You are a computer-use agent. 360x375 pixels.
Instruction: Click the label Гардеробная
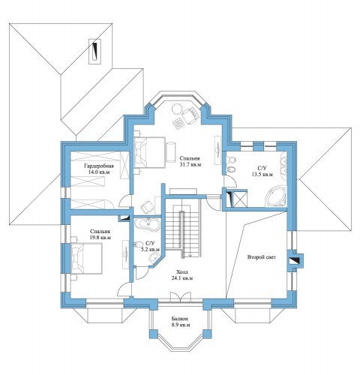click(99, 166)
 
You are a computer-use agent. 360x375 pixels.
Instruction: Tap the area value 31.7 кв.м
click(190, 165)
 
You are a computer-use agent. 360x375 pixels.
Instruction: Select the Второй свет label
click(262, 256)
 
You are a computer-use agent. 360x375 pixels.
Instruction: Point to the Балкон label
click(180, 319)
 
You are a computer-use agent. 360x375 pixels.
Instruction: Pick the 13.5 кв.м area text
click(262, 175)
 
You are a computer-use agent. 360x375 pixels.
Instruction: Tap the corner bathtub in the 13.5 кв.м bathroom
click(276, 196)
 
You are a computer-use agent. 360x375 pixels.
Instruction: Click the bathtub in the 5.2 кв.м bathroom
click(147, 224)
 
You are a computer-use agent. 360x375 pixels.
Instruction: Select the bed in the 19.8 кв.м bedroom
click(86, 258)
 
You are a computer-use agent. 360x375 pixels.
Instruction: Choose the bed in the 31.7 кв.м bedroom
click(150, 152)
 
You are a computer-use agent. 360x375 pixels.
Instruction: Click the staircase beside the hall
click(183, 227)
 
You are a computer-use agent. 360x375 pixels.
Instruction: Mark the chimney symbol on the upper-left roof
click(94, 52)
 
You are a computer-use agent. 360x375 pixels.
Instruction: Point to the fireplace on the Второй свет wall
click(295, 261)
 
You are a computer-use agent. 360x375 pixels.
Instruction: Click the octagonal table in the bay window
click(177, 109)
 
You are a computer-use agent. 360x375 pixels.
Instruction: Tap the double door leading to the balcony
click(181, 296)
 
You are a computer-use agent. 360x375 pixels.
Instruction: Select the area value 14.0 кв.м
click(99, 172)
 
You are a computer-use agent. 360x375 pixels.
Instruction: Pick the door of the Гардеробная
click(125, 201)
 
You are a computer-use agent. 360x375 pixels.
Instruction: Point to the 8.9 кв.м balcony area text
click(180, 325)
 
